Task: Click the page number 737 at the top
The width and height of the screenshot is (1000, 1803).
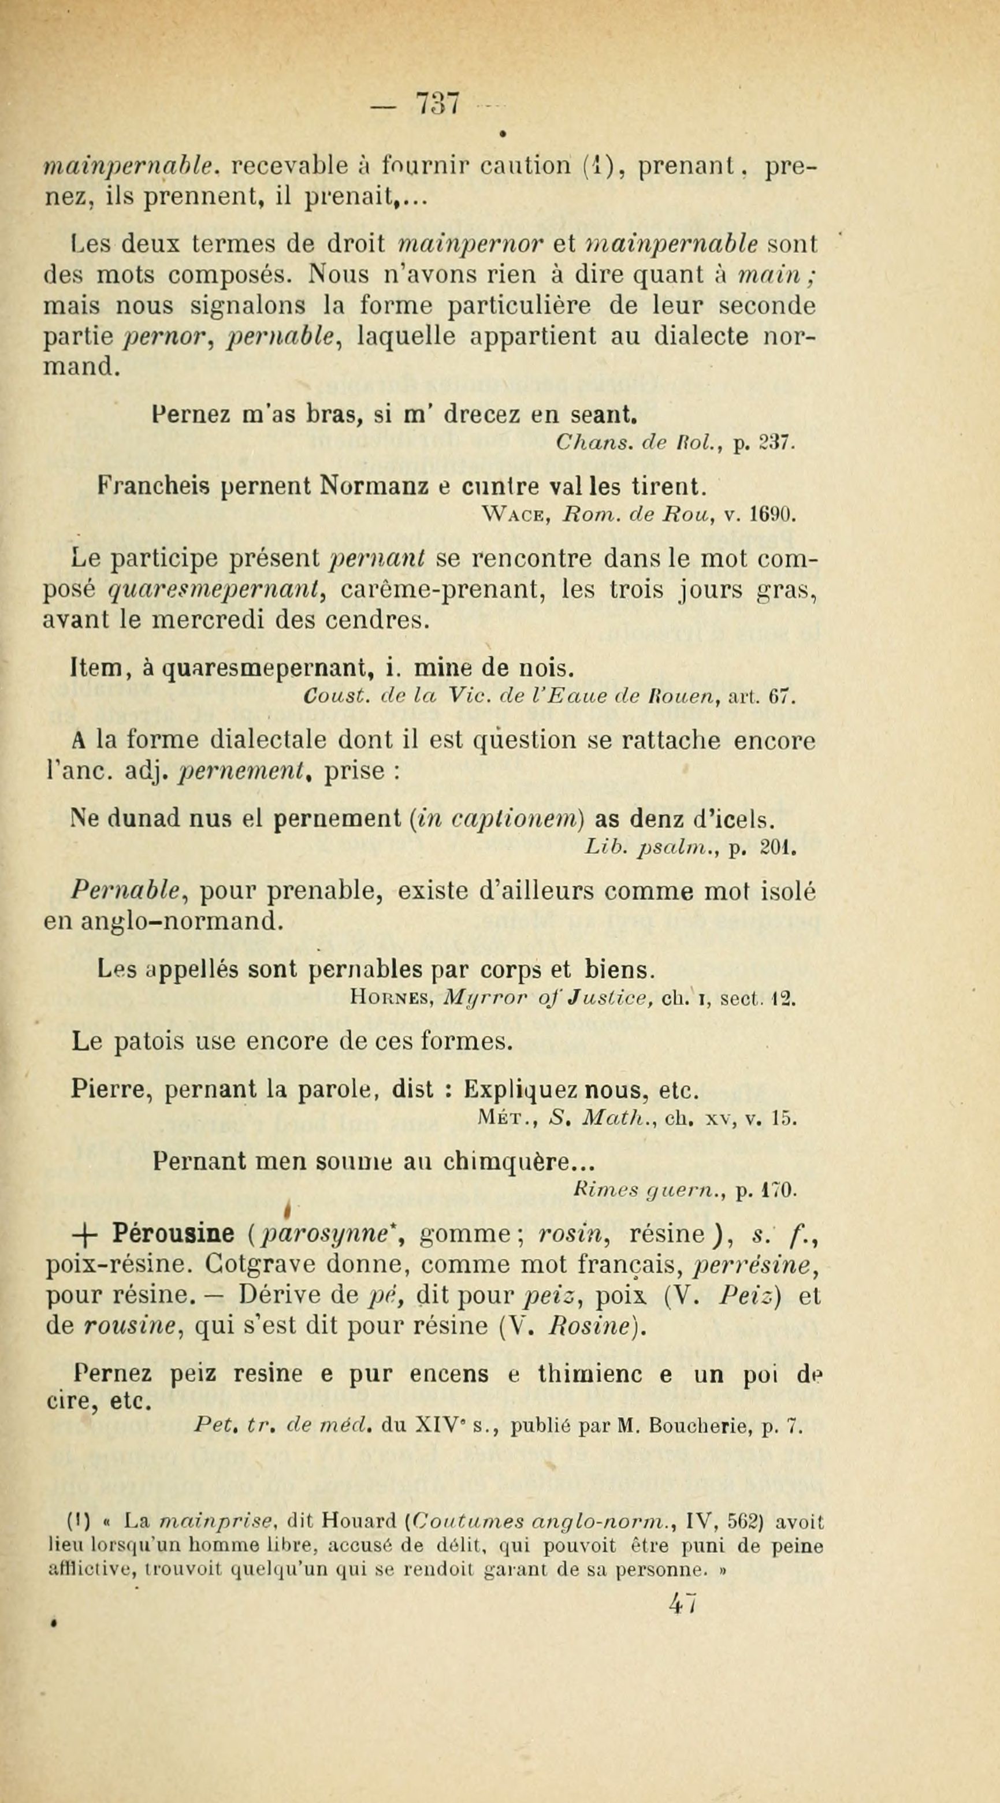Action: click(x=437, y=103)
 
